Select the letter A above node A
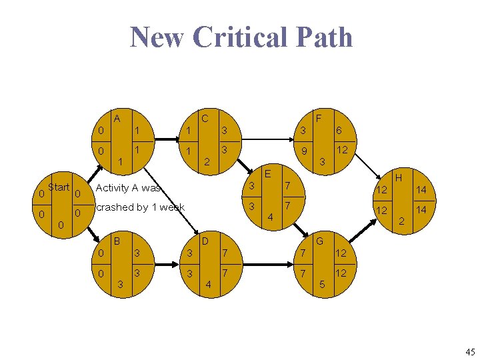click(x=117, y=119)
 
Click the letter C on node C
click(x=205, y=119)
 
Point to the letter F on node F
click(x=319, y=119)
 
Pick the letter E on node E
click(x=267, y=173)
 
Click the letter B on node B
click(x=117, y=240)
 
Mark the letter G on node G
click(x=319, y=240)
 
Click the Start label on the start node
click(x=59, y=187)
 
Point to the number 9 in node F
click(x=303, y=152)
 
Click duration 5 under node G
click(x=323, y=285)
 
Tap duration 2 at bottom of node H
click(x=402, y=221)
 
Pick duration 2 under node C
click(x=207, y=162)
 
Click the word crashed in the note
click(x=115, y=207)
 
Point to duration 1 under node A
click(x=120, y=161)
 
